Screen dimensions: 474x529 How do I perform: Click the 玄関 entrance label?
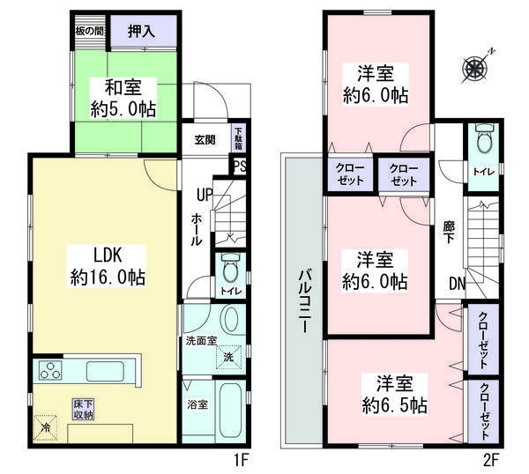point(205,139)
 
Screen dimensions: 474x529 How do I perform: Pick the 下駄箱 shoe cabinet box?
point(238,138)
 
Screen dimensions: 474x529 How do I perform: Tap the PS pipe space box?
point(239,164)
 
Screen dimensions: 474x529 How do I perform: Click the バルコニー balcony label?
point(301,300)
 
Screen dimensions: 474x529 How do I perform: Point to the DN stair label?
point(458,284)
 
